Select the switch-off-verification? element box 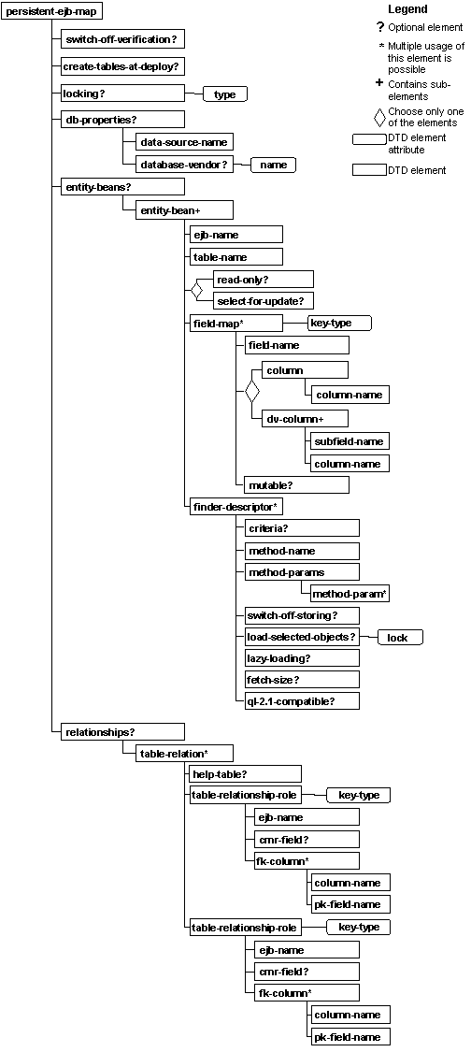(x=122, y=39)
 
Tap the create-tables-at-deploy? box (x=122, y=66)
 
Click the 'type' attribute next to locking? (x=224, y=94)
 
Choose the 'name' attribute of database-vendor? (x=273, y=165)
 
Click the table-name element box (x=235, y=256)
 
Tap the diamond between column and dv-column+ (x=251, y=393)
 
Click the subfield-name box (x=349, y=440)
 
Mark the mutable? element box (x=296, y=485)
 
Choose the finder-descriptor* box (x=235, y=507)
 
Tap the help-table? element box (x=245, y=774)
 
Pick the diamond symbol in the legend (x=378, y=117)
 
